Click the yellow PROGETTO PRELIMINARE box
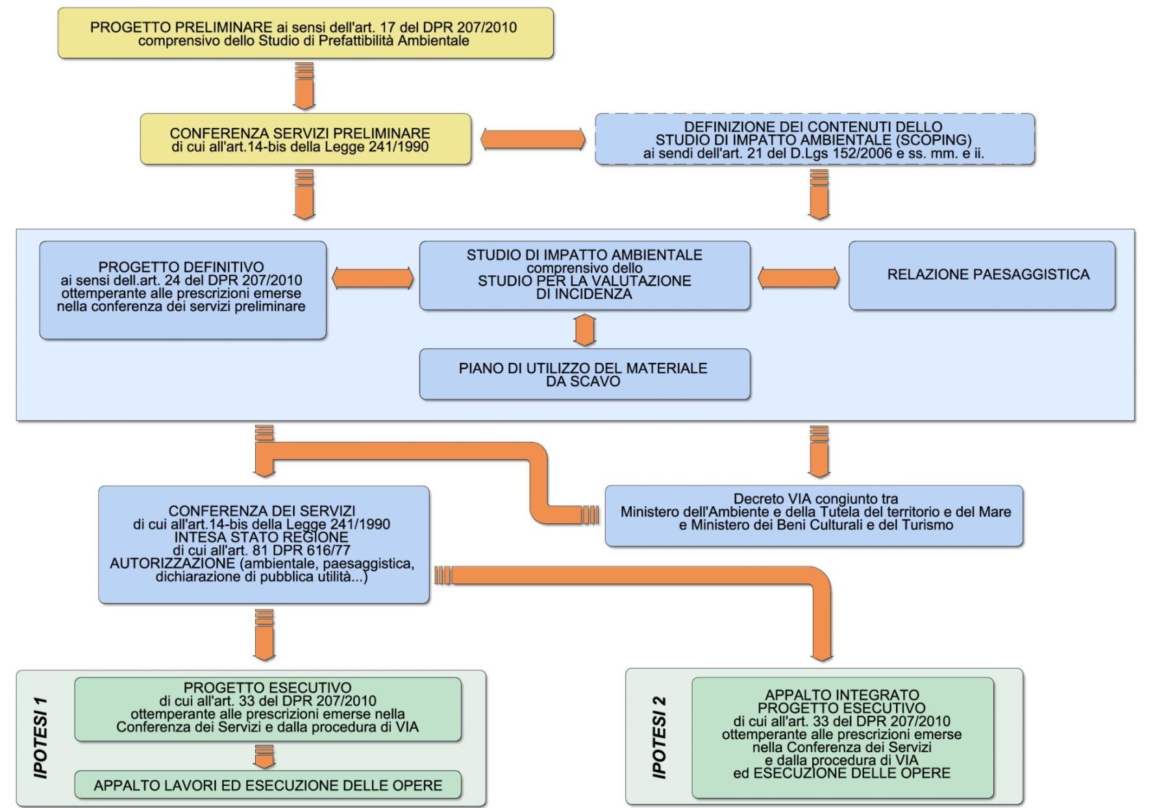pyautogui.click(x=305, y=34)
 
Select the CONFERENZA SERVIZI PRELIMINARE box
pyautogui.click(x=305, y=140)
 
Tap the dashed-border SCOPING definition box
pyautogui.click(x=814, y=140)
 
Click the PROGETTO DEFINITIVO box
pyautogui.click(x=182, y=289)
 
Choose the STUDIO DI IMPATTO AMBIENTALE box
pyautogui.click(x=584, y=275)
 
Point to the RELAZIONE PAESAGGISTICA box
pyautogui.click(x=982, y=275)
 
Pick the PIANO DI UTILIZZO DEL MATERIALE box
pyautogui.click(x=584, y=374)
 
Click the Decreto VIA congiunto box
pyautogui.click(x=814, y=516)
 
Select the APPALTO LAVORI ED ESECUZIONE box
pyautogui.click(x=267, y=785)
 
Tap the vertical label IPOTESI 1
pyautogui.click(x=41, y=738)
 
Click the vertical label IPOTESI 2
pyautogui.click(x=659, y=738)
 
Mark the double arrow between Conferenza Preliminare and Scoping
pyautogui.click(x=532, y=140)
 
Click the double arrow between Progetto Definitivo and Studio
pyautogui.click(x=373, y=278)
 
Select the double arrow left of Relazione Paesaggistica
pyautogui.click(x=799, y=278)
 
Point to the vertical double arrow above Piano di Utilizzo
pyautogui.click(x=585, y=330)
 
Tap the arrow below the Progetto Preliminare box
pyautogui.click(x=304, y=86)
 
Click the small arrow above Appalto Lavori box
pyautogui.click(x=264, y=756)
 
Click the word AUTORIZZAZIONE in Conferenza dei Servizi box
pyautogui.click(x=172, y=563)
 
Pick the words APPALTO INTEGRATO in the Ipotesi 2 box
pyautogui.click(x=841, y=695)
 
